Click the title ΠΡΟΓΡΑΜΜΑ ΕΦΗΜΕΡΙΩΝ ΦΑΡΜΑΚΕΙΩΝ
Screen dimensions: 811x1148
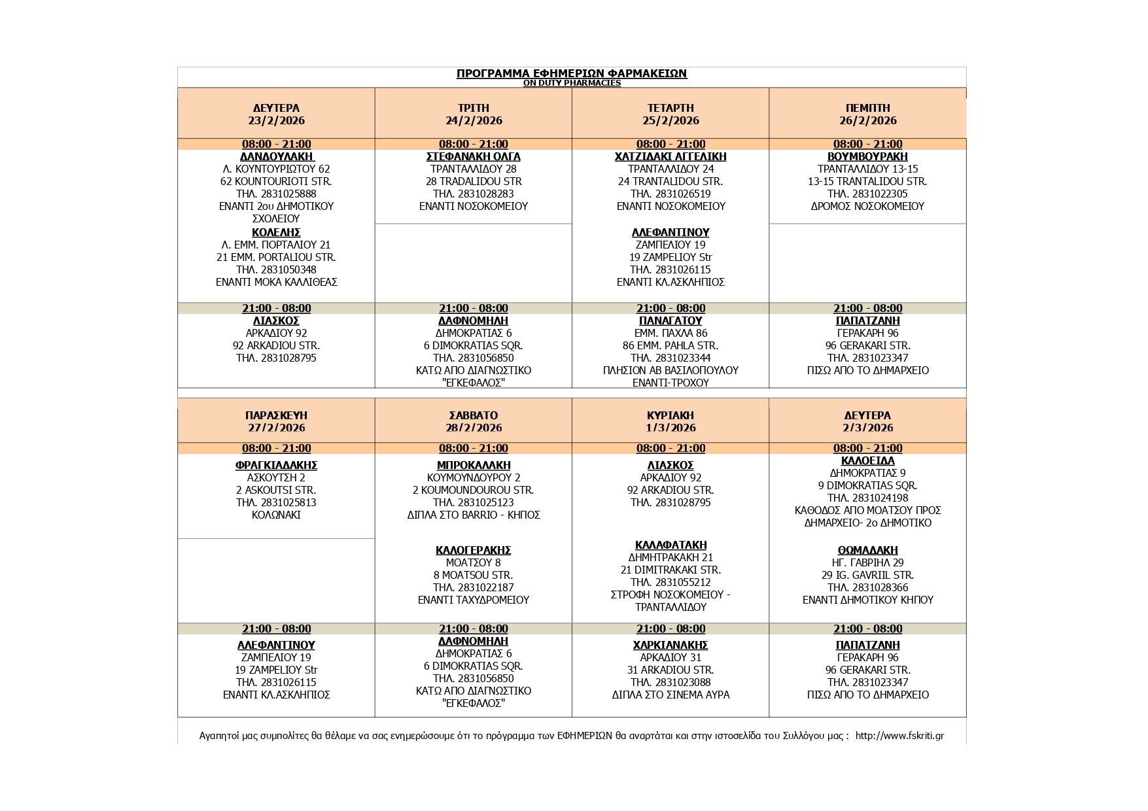571,73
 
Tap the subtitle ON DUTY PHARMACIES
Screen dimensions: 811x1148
571,83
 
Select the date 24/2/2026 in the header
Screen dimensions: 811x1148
473,120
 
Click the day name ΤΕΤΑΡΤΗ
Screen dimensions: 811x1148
670,108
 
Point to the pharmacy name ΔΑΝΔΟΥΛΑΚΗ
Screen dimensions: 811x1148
276,156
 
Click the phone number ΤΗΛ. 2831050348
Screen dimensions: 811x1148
276,269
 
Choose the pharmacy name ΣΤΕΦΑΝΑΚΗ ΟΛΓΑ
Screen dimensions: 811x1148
473,156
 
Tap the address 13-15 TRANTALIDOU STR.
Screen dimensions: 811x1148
867,181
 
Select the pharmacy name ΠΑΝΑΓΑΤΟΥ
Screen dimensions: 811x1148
670,320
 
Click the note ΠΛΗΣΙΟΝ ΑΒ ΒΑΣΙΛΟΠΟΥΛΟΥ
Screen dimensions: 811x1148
670,370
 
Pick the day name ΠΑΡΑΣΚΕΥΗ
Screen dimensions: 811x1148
276,415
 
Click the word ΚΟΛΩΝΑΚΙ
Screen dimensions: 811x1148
276,515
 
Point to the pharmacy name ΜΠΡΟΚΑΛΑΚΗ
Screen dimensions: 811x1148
473,465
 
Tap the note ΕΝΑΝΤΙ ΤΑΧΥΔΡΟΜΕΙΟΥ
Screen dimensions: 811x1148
473,600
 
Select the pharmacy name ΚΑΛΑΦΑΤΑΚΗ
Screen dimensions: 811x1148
670,545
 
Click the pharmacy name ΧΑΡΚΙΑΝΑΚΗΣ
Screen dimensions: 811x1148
670,645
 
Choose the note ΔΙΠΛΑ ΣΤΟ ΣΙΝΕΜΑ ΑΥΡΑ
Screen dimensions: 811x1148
670,695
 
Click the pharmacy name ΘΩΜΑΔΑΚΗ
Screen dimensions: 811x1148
867,550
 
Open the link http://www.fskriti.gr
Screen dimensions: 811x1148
899,736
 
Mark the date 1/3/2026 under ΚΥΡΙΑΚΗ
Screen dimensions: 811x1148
670,428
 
